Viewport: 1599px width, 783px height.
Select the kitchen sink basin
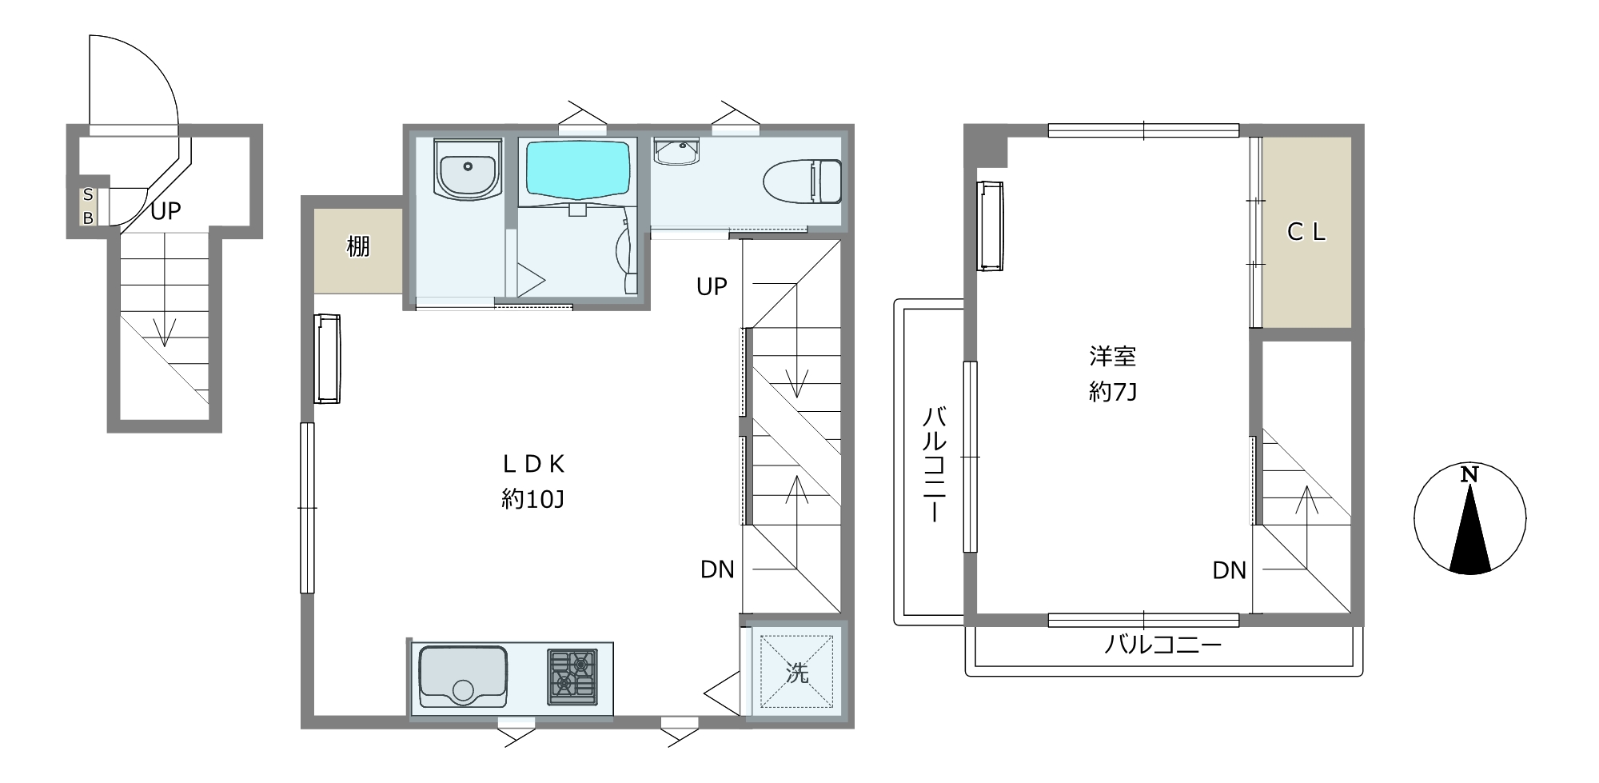pyautogui.click(x=463, y=677)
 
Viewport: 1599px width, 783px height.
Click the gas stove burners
pyautogui.click(x=572, y=677)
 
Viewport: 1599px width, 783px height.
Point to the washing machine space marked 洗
pyautogui.click(x=796, y=672)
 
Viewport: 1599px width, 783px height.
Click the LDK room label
pyautogui.click(x=533, y=464)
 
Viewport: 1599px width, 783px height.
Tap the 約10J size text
pyautogui.click(x=533, y=500)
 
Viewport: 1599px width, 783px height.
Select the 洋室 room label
pyautogui.click(x=1112, y=356)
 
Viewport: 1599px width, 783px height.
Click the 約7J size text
pyautogui.click(x=1112, y=392)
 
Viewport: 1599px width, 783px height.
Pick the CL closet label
pyautogui.click(x=1306, y=232)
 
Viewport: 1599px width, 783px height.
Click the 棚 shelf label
pyautogui.click(x=358, y=246)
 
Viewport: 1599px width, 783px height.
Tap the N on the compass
pyautogui.click(x=1469, y=474)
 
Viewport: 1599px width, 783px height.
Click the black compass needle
pyautogui.click(x=1469, y=530)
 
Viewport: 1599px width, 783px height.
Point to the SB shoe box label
pyautogui.click(x=88, y=206)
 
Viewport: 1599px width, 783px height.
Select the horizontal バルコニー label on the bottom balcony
pyautogui.click(x=1163, y=645)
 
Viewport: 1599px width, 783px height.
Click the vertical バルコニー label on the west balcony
pyautogui.click(x=935, y=465)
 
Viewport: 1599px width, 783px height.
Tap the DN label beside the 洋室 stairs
pyautogui.click(x=1229, y=570)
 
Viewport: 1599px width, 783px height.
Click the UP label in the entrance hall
pyautogui.click(x=165, y=211)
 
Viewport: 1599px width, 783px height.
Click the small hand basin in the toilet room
pyautogui.click(x=676, y=150)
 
